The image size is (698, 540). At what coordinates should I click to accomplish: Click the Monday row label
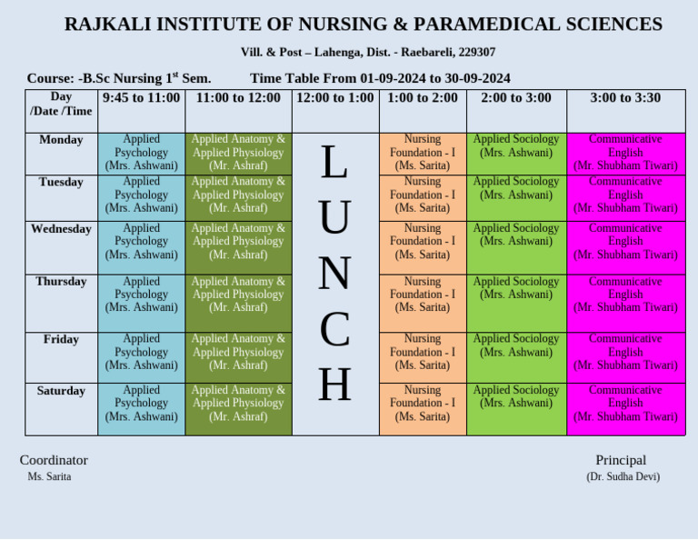61,140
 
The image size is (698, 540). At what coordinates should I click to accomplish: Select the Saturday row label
61,391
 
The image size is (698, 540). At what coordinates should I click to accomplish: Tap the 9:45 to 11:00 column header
141,98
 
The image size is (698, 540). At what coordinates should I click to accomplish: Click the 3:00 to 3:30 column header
625,98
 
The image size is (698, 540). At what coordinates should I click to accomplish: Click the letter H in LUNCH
334,385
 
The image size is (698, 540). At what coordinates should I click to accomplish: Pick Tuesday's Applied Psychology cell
141,195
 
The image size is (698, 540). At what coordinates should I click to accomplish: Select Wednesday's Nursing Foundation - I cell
423,242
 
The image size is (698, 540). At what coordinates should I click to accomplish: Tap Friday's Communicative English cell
625,352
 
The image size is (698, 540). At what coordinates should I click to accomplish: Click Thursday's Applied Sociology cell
516,288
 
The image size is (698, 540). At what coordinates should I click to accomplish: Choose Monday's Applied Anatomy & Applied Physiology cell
238,153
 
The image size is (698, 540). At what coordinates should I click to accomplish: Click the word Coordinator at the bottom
54,460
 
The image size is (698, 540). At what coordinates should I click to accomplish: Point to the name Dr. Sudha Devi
623,476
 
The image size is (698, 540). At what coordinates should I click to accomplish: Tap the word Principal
621,460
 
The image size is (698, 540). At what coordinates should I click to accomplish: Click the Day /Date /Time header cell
61,104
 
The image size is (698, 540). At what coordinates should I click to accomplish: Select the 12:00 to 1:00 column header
334,98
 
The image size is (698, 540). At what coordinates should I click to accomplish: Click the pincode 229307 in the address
476,53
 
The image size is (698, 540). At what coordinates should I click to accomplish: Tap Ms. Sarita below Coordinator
49,476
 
